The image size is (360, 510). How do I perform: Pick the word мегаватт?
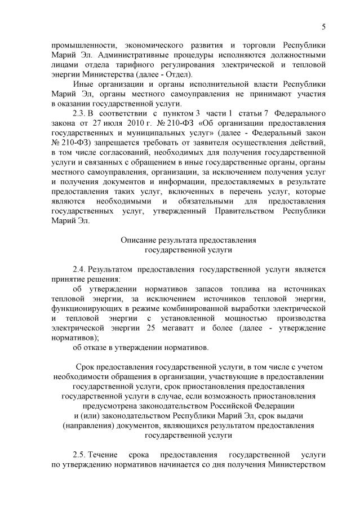180,327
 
